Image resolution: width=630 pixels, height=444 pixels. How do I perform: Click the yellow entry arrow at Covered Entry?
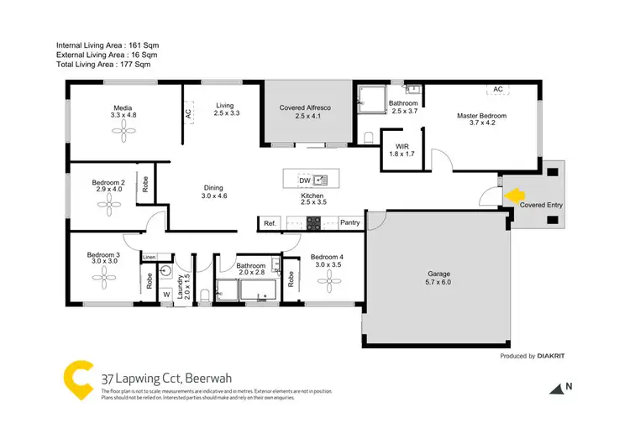coord(512,196)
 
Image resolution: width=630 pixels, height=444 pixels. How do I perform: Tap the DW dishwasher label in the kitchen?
coord(303,180)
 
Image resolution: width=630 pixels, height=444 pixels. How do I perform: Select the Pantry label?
coord(351,223)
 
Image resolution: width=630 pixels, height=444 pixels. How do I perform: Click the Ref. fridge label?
coord(270,223)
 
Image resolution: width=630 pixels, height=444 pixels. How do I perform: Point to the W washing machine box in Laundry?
coord(165,294)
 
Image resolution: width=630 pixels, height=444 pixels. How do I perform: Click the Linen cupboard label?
coord(150,257)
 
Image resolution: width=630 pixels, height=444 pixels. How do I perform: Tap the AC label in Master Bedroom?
coord(497,89)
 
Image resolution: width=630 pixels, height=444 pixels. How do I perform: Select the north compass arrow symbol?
coord(557,388)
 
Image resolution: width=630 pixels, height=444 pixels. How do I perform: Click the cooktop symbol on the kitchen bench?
coord(313,223)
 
